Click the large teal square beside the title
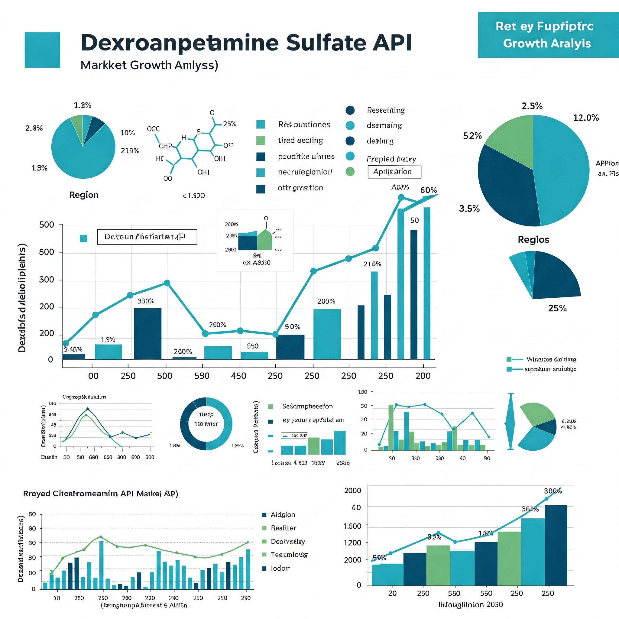coord(42,50)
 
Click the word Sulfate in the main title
coord(326,43)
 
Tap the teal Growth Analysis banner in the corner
coord(548,35)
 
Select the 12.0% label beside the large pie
coord(586,118)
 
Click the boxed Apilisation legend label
coord(394,172)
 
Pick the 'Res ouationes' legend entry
coord(304,124)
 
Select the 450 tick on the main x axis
coord(239,376)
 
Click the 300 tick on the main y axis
coord(47,280)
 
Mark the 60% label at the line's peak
coord(428,190)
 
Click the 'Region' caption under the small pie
coord(84,195)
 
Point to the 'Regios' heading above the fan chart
coord(533,240)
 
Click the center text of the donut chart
coord(206,419)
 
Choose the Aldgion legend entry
coord(283,514)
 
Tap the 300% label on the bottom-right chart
coord(553,491)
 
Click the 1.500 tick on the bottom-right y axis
coord(352,526)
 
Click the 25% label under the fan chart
coord(557,308)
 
